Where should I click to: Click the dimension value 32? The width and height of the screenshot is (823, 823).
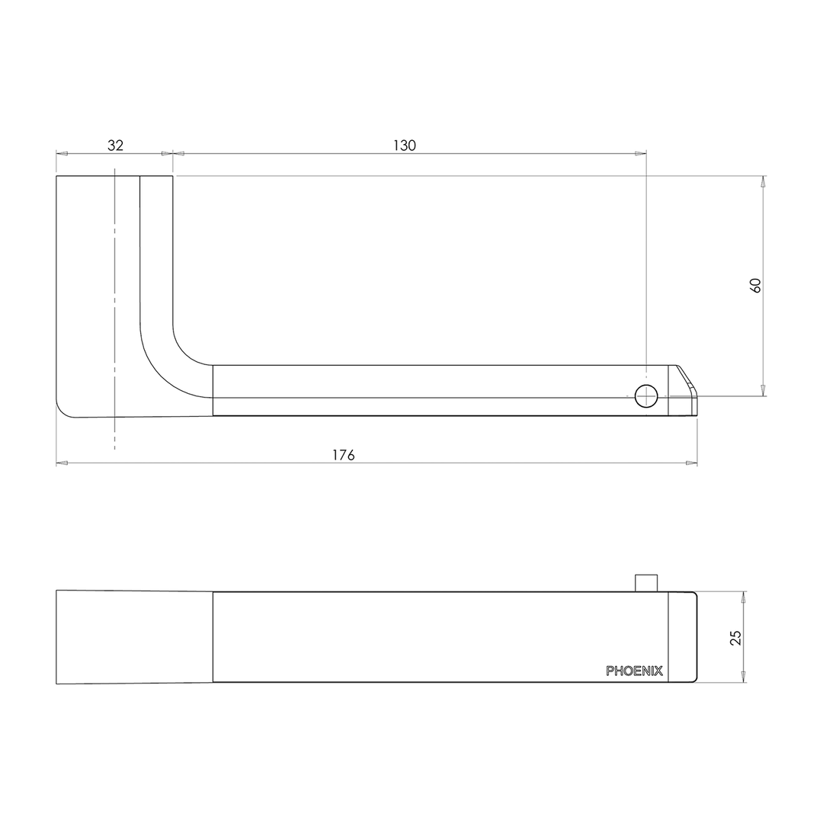click(x=115, y=145)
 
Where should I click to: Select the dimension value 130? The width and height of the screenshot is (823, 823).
click(x=405, y=145)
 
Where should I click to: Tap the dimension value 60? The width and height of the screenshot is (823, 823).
click(x=756, y=286)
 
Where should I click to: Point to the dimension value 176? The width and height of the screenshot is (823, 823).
click(x=344, y=455)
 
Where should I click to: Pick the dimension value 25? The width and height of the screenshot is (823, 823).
click(x=736, y=637)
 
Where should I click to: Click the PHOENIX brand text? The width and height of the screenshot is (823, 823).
click(x=634, y=671)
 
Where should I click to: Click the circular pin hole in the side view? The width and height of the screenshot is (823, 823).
click(x=646, y=396)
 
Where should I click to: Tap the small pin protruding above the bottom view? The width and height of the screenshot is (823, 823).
click(x=646, y=582)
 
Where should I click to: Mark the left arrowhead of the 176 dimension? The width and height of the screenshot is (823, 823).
click(x=61, y=463)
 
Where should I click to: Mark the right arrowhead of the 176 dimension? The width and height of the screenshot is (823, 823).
click(x=692, y=463)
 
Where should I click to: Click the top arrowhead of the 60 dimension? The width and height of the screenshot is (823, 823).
click(x=763, y=181)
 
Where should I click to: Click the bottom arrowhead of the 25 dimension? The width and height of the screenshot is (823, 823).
click(x=743, y=677)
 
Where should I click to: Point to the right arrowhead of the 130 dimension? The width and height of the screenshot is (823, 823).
click(x=641, y=153)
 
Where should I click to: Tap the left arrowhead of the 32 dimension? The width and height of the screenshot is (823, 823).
click(x=61, y=153)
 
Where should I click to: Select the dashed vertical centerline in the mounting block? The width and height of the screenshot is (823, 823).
click(x=114, y=305)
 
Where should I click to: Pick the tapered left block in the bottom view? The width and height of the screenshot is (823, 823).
click(x=134, y=637)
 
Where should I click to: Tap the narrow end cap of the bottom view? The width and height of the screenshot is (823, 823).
click(x=683, y=637)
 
